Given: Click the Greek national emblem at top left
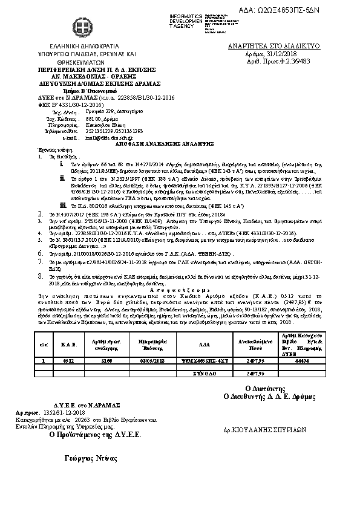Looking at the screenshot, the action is [x=78, y=27].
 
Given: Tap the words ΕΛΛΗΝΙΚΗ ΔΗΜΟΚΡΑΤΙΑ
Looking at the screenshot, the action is [x=77, y=47].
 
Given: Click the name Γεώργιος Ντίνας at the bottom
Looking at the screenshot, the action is [x=90, y=459].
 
